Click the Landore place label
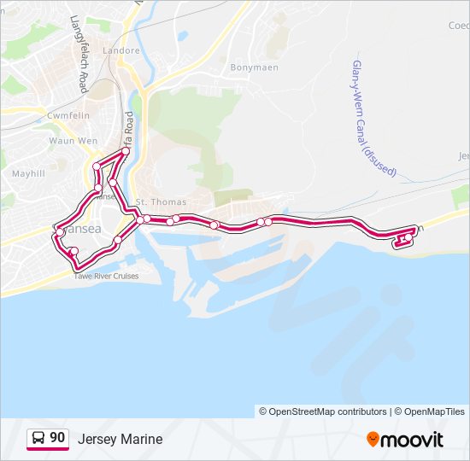point(122,50)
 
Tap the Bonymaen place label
point(250,67)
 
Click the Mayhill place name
point(27,172)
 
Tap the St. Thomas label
point(154,201)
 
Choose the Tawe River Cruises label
point(106,276)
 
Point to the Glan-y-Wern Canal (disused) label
point(373,119)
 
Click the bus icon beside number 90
point(38,439)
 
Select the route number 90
point(57,438)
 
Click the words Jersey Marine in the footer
point(120,440)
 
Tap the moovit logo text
point(412,440)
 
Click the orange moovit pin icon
point(373,440)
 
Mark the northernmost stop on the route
point(126,151)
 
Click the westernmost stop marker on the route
point(57,231)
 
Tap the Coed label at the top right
point(459,26)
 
